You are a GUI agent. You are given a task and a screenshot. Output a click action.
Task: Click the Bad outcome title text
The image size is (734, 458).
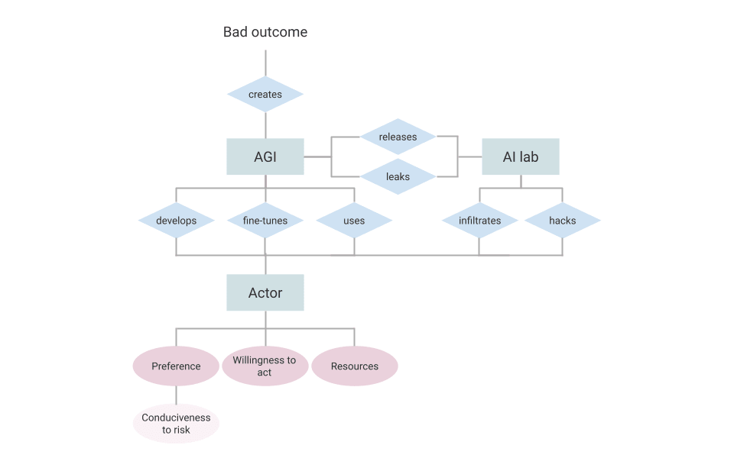pos(265,32)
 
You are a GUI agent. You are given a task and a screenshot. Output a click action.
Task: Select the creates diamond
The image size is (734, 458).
pos(265,95)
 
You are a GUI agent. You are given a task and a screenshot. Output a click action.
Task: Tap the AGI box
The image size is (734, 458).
pos(265,156)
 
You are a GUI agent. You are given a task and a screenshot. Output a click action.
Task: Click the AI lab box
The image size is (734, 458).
pos(521,156)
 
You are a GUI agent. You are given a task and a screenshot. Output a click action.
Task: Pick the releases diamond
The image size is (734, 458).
pos(398,137)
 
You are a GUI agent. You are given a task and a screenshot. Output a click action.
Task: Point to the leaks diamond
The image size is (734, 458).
pos(398,176)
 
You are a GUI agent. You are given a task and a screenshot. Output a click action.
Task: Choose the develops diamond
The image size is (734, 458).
pos(177,221)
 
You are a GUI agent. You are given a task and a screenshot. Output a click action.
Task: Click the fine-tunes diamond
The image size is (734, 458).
pos(265,221)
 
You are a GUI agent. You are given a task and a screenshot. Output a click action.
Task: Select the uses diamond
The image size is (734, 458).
pos(354,221)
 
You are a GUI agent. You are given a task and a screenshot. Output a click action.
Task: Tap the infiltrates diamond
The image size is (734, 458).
pos(480,221)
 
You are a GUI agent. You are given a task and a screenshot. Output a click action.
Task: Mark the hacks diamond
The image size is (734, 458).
pos(563,221)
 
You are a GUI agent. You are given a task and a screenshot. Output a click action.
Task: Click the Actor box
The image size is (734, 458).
pos(265,292)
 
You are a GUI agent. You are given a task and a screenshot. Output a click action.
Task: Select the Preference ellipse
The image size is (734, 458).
pos(176,366)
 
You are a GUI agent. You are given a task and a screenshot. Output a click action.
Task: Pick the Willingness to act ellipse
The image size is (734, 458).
pos(265,366)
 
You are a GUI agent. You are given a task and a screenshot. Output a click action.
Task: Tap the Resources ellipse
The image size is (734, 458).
pos(355,366)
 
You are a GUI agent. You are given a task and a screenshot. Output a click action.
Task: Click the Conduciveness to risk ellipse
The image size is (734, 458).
pos(176,424)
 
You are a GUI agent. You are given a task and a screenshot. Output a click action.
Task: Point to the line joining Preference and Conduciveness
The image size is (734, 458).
pos(177,395)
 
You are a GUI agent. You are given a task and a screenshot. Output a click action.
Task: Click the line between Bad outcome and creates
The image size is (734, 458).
pos(265,63)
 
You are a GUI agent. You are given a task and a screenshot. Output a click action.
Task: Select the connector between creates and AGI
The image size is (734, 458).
pos(265,125)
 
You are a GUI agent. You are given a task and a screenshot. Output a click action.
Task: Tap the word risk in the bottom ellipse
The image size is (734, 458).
pos(182,430)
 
